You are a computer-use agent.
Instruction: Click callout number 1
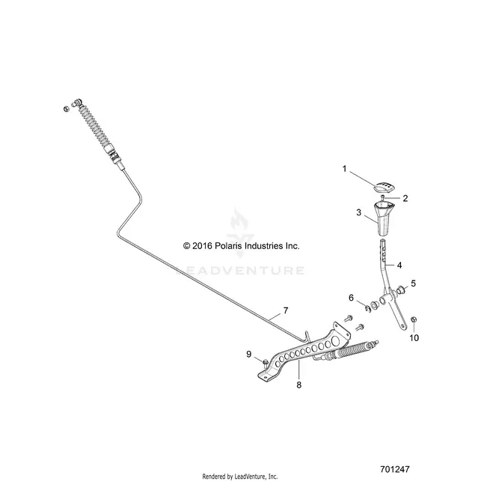click(x=344, y=169)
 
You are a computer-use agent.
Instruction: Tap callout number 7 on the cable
click(x=286, y=310)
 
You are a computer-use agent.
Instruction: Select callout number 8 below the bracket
click(x=298, y=385)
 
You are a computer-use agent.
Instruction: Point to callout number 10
click(x=414, y=337)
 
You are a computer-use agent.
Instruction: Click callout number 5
click(x=413, y=284)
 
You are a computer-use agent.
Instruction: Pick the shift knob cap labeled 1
click(x=385, y=187)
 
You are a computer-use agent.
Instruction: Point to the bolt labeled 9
click(x=266, y=364)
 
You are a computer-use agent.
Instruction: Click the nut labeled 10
click(x=413, y=319)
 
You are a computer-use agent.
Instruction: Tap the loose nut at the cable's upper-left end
click(x=66, y=108)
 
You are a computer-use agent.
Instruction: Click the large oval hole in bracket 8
click(x=335, y=340)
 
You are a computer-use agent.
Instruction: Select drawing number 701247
click(x=395, y=469)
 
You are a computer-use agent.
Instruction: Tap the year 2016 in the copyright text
click(x=202, y=246)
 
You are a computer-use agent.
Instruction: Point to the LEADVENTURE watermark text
click(x=240, y=270)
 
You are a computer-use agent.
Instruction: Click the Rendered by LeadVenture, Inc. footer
click(x=240, y=477)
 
